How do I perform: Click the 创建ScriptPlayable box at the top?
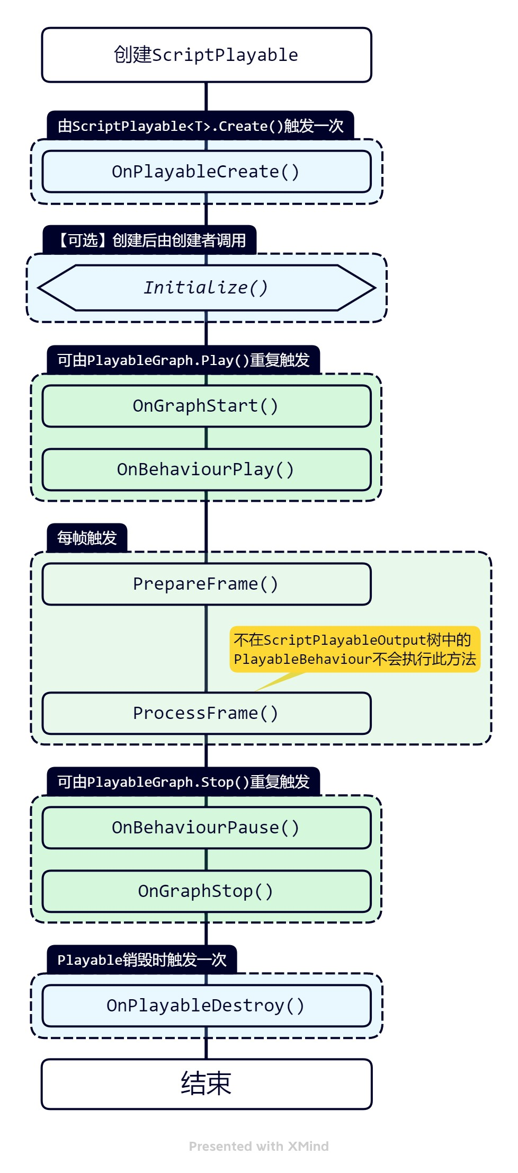(x=207, y=55)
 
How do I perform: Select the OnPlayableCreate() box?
(x=207, y=172)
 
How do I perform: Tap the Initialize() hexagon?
(x=207, y=288)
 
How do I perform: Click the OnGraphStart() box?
(x=207, y=406)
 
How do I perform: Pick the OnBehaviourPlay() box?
(x=207, y=469)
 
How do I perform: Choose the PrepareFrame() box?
(x=207, y=584)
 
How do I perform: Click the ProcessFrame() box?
(x=207, y=713)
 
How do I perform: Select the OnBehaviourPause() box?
(x=207, y=828)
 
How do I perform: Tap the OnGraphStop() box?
(x=207, y=891)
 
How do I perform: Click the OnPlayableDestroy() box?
(x=207, y=1006)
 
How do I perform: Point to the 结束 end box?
(x=207, y=1083)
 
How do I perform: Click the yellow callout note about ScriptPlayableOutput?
(x=355, y=650)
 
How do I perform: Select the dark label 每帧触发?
(x=87, y=538)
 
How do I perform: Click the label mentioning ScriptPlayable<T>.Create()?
(x=200, y=126)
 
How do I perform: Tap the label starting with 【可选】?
(x=150, y=241)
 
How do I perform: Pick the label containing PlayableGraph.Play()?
(x=183, y=360)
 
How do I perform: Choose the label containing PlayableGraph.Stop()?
(x=183, y=782)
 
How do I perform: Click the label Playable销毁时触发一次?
(x=141, y=960)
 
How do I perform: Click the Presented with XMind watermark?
(x=258, y=1147)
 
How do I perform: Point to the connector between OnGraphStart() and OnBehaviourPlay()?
(x=207, y=438)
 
